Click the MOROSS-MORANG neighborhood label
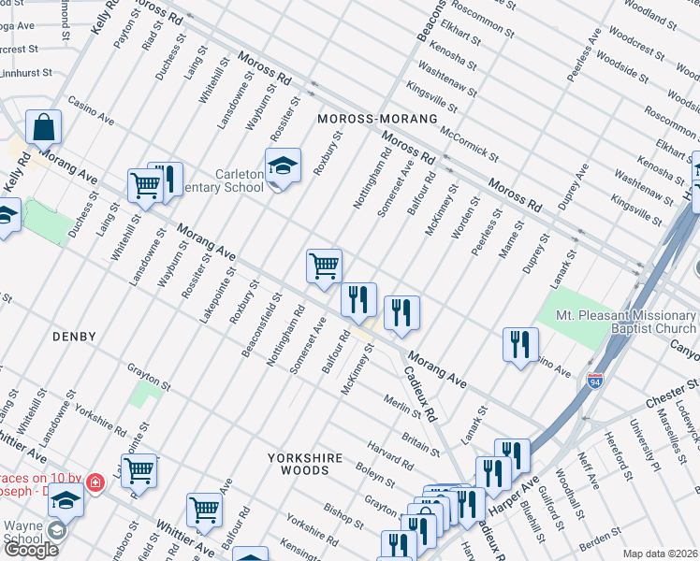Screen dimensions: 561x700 377,120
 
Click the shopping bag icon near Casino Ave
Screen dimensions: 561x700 43,126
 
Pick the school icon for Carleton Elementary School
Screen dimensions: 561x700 283,165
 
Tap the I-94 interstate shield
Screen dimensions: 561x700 595,381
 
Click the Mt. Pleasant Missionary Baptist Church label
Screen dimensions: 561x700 625,323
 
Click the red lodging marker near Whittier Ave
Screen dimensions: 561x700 95,482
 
